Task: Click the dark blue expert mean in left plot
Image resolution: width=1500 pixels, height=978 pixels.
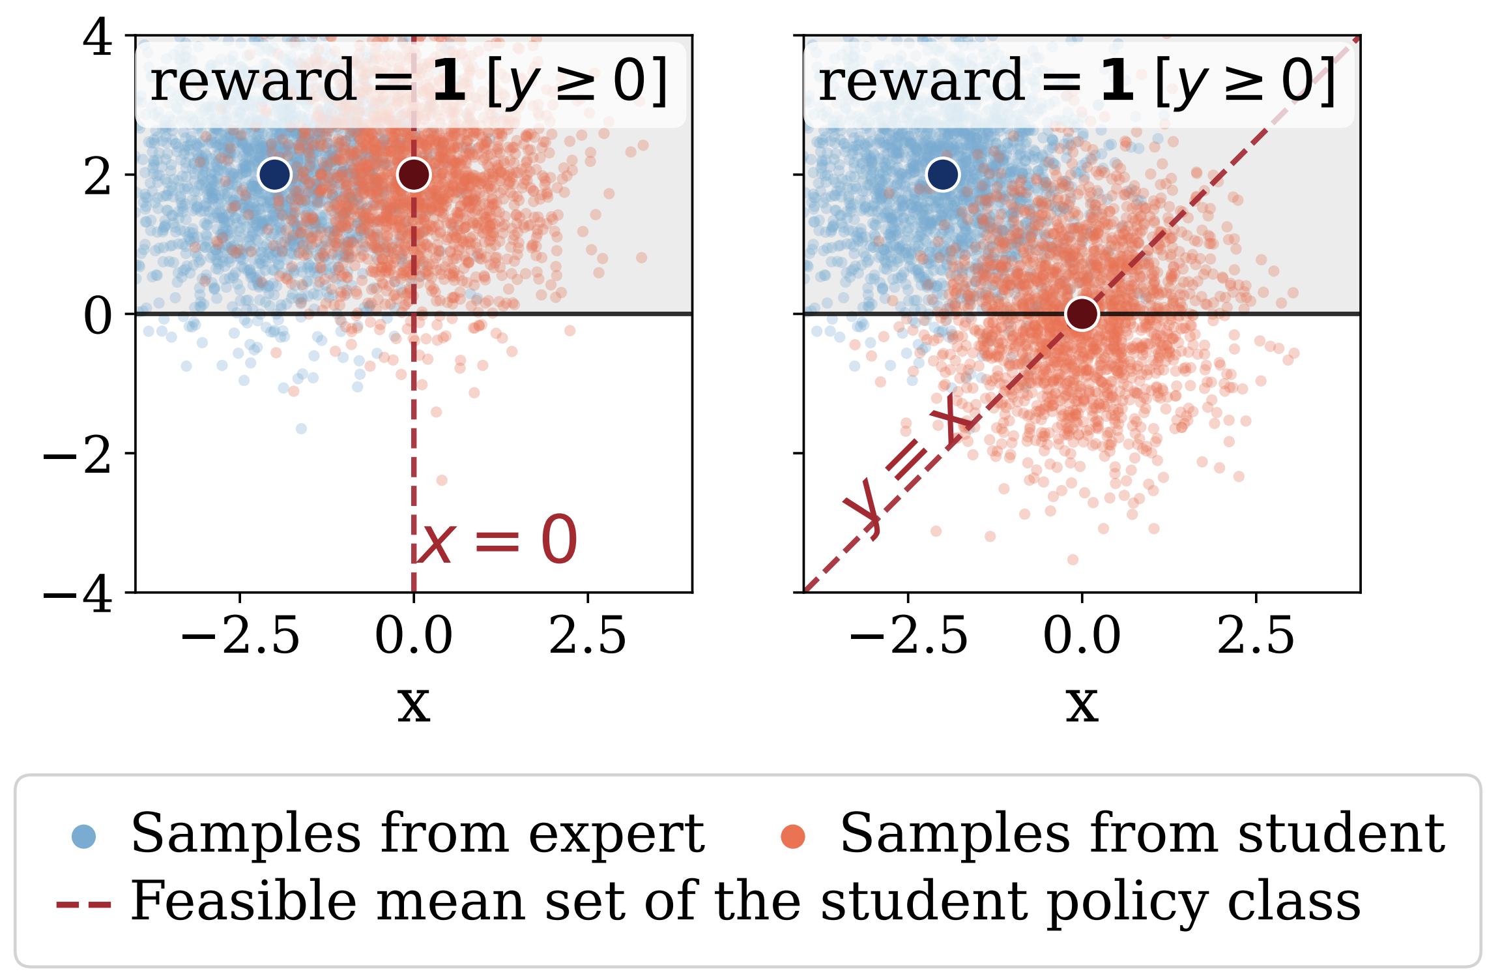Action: [x=274, y=175]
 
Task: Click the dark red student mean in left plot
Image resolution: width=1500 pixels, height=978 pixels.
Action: [x=414, y=175]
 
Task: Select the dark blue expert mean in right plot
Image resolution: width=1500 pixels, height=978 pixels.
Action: [x=943, y=175]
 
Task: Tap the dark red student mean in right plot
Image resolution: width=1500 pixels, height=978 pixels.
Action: [x=1082, y=314]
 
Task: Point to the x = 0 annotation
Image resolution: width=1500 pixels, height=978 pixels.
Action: [x=497, y=540]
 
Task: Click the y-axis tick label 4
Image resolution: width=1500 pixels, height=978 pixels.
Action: [x=98, y=38]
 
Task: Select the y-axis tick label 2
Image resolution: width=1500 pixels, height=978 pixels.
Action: [x=98, y=176]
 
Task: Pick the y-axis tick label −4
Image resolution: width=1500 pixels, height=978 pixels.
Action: [x=78, y=593]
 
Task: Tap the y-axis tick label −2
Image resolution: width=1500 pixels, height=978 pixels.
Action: [x=78, y=455]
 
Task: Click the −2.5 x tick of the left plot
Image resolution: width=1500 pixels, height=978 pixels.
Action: [x=240, y=636]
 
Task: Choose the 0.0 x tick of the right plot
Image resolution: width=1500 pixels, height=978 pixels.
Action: [x=1082, y=636]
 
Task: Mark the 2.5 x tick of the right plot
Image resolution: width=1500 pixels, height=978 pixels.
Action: [x=1256, y=636]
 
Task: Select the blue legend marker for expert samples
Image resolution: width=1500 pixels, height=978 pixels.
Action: [x=84, y=837]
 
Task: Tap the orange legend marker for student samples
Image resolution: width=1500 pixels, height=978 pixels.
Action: [x=793, y=837]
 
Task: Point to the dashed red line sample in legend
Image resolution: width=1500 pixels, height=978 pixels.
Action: [x=83, y=904]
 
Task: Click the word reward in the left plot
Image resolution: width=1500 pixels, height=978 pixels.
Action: [x=253, y=81]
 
